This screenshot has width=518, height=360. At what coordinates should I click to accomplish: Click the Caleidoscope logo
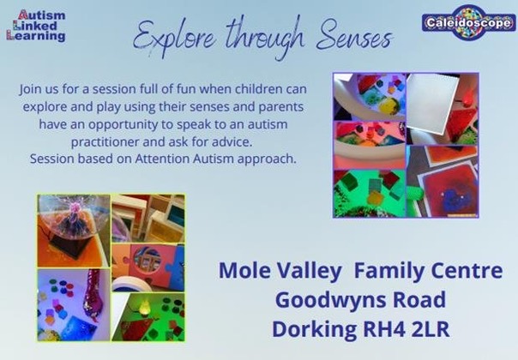point(468,22)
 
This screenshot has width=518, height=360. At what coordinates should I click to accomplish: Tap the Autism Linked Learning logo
point(36,26)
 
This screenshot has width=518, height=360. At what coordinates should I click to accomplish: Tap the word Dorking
point(314,330)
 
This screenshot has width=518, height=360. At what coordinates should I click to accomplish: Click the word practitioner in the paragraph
point(105,142)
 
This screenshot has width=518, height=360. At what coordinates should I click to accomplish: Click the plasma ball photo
point(74,231)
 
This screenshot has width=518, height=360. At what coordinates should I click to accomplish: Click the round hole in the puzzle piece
point(148,260)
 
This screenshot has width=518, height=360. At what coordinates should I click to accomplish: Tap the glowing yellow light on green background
point(144,307)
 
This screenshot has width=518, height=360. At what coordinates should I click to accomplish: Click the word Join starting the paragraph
point(27,90)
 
